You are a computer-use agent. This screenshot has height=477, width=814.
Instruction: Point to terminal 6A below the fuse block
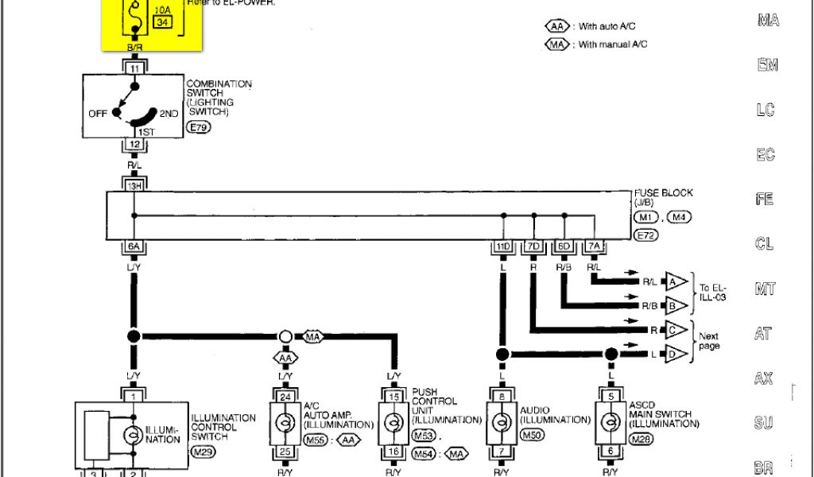134,246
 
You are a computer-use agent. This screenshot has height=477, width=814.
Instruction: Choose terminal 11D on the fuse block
502,246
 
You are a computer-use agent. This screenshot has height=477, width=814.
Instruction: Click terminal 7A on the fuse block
593,246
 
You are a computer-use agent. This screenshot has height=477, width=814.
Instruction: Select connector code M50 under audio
530,436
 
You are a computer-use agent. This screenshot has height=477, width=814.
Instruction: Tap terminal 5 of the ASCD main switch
610,395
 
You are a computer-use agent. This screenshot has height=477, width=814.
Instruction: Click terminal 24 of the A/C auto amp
285,395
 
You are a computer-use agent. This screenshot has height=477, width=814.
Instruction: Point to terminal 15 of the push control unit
393,395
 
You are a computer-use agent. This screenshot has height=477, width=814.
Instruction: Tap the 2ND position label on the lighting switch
169,114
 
